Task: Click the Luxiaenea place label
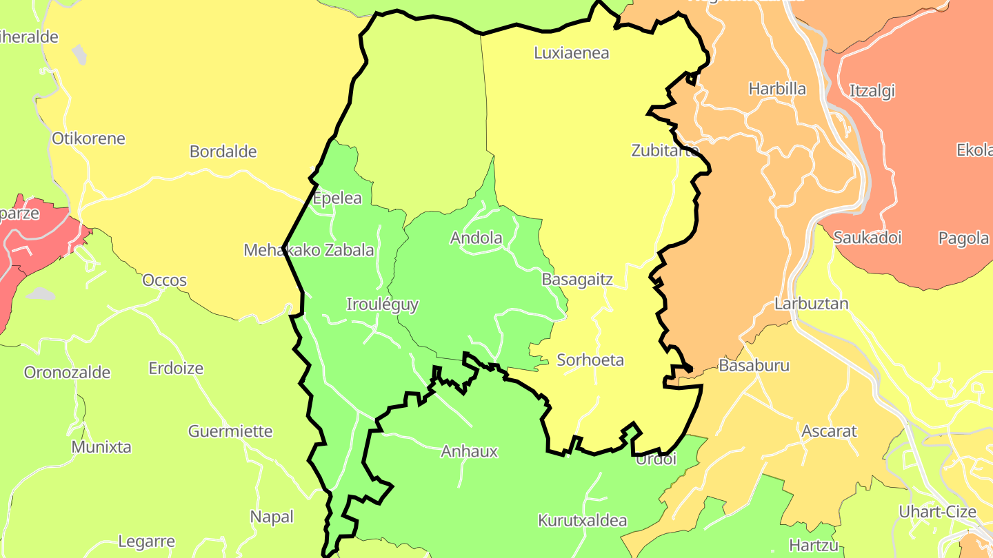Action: [572, 53]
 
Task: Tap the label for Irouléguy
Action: [382, 304]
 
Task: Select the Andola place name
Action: [477, 238]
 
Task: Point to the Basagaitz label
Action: [577, 280]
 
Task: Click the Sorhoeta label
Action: [590, 360]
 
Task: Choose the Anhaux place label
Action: [469, 452]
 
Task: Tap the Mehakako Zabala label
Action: [309, 250]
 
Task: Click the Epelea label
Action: [337, 198]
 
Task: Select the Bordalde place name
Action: [223, 152]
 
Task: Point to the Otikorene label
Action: [88, 138]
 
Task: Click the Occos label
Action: [165, 280]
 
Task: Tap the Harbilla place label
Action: [777, 89]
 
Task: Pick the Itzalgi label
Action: [872, 91]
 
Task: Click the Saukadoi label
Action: [867, 238]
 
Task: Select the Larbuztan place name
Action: [812, 304]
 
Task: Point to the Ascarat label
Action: [829, 432]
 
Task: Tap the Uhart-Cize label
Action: [938, 512]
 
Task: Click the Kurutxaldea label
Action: [582, 520]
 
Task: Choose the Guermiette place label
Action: [230, 432]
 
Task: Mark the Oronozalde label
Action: [67, 373]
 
